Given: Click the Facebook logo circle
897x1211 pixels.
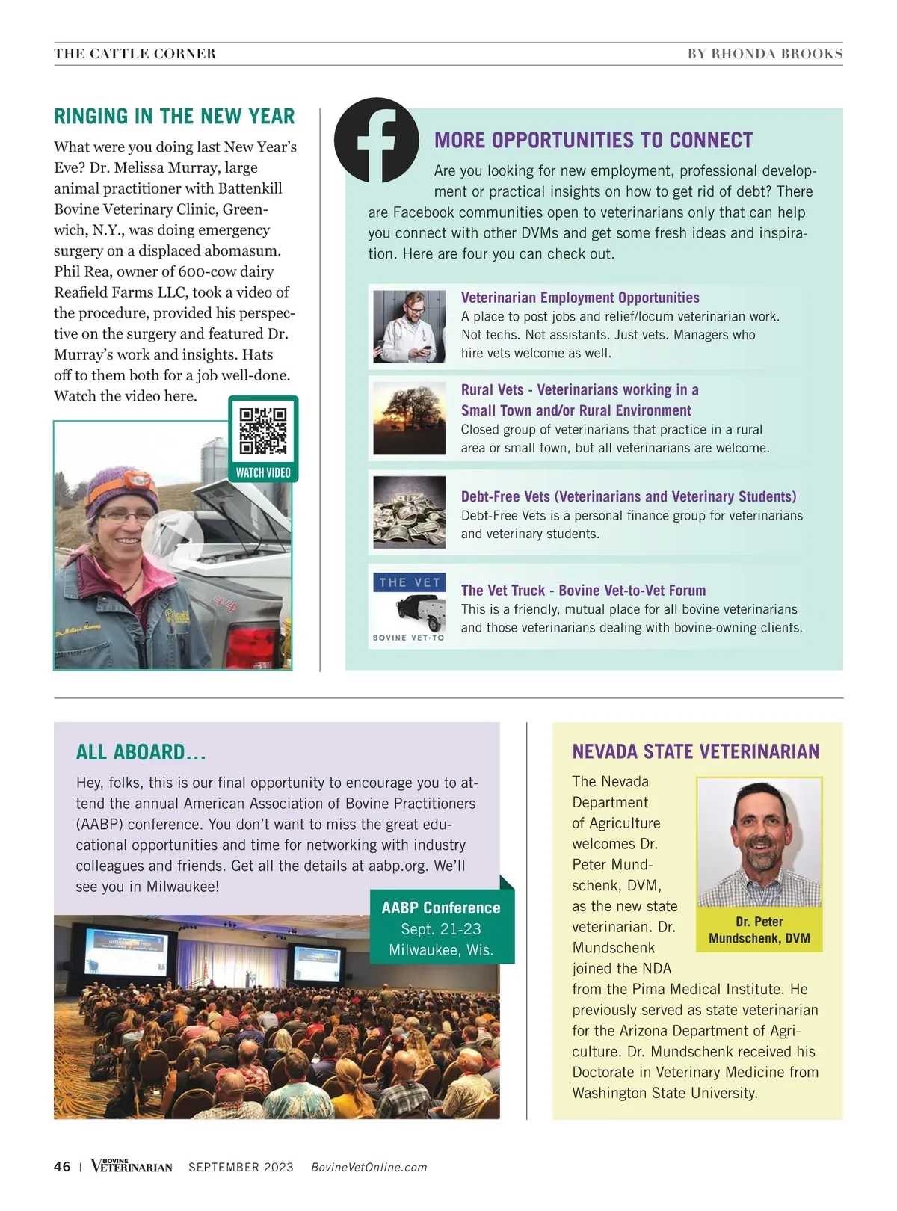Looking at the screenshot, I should [x=376, y=140].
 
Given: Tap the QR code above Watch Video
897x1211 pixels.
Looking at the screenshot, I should [x=263, y=431].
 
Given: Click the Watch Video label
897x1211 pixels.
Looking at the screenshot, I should [x=263, y=472].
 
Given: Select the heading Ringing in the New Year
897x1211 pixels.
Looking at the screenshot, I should [x=174, y=117].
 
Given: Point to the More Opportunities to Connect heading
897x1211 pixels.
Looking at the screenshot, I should [x=594, y=141].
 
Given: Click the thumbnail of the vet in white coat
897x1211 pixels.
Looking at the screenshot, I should [x=409, y=327].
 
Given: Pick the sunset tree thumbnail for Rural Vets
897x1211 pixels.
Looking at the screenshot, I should [x=409, y=419].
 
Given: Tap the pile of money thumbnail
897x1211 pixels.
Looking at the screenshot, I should [x=409, y=512].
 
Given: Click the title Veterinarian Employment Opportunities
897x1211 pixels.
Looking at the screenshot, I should [x=580, y=298].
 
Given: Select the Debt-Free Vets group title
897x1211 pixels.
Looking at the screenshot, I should [x=628, y=496].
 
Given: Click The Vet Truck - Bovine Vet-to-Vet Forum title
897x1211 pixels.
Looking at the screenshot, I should [x=583, y=591].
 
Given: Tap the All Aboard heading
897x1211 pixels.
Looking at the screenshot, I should [x=141, y=752].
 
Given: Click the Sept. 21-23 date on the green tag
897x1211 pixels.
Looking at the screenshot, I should [x=441, y=929].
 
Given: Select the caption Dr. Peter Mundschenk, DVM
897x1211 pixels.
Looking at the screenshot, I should [x=759, y=930].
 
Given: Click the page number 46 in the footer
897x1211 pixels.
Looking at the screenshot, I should [x=62, y=1167].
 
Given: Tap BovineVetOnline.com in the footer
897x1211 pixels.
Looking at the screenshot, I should [x=369, y=1168].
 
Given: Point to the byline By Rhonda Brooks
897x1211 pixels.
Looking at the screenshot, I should [x=765, y=54].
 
